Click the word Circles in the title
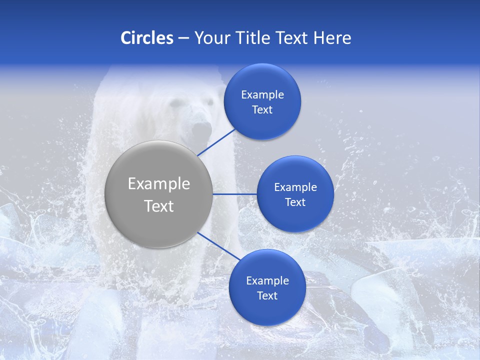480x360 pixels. [x=147, y=38]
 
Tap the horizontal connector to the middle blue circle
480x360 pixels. [x=234, y=194]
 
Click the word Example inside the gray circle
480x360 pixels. [x=159, y=184]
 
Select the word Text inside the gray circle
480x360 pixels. [x=159, y=206]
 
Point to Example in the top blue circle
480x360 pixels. [x=262, y=95]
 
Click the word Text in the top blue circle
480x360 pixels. [x=262, y=110]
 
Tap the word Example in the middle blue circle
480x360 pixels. [x=295, y=187]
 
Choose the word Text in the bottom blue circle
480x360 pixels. [x=267, y=296]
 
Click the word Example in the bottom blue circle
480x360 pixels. [x=267, y=281]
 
